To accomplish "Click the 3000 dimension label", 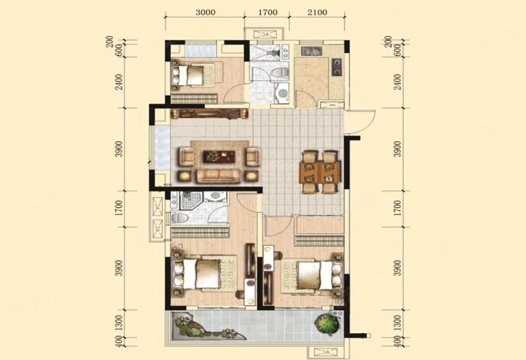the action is [205, 12].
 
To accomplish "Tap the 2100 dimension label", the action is [317, 12].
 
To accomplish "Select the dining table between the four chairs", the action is [320, 172].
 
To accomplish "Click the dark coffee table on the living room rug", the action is [218, 156].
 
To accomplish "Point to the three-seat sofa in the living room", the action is [218, 176].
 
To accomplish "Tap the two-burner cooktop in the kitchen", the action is [337, 67].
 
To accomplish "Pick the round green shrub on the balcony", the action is [325, 323].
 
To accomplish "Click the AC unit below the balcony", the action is [325, 353].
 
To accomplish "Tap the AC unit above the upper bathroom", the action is [266, 34].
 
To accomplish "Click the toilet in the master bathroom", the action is [179, 218].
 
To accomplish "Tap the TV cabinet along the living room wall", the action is [210, 114].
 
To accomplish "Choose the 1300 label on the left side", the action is [119, 323].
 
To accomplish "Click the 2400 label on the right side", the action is [398, 81].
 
